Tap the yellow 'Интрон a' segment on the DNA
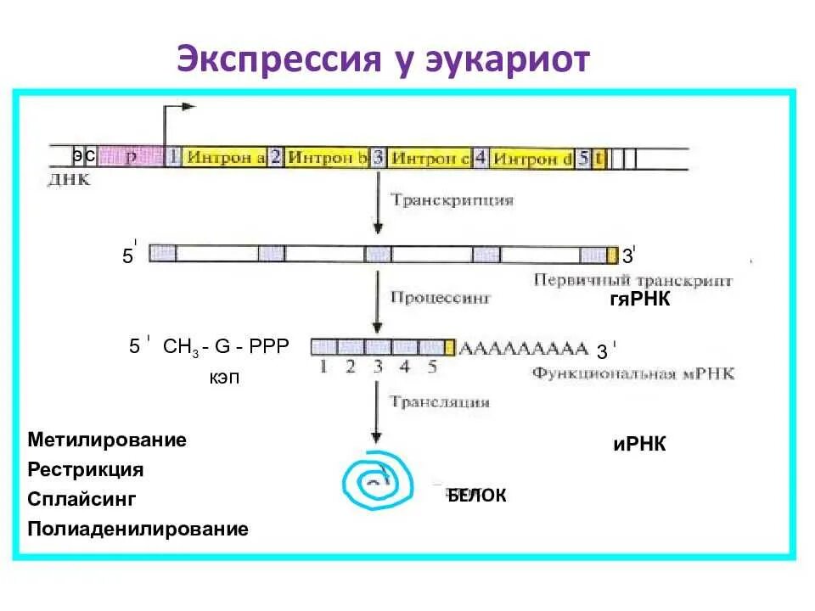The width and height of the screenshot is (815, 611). (226, 157)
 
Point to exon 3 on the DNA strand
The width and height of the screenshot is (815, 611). (378, 157)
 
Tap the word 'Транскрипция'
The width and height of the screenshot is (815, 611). (452, 201)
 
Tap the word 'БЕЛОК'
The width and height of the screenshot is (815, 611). (477, 496)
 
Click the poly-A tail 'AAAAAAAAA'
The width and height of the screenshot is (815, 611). (523, 348)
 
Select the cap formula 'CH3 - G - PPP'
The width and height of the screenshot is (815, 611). (226, 346)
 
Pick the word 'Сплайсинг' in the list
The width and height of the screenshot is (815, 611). (81, 499)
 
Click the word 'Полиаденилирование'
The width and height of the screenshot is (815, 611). (138, 530)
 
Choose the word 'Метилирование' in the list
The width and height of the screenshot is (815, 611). (107, 440)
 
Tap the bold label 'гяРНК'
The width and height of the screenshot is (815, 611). (639, 300)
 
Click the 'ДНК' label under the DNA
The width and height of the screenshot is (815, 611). (70, 181)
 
